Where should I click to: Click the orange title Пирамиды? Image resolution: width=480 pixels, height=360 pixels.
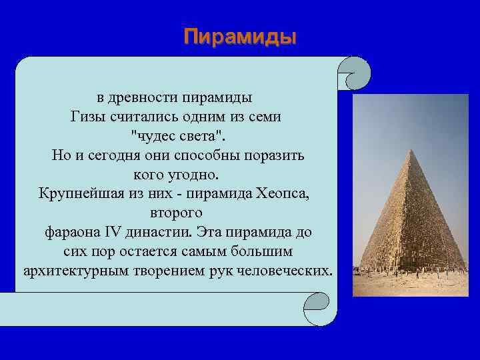pos(240,36)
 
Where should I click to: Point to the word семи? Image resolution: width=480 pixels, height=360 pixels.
pos(263,117)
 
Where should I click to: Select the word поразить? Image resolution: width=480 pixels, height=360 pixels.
pos(275,155)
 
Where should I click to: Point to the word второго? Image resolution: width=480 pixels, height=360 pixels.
pos(177,213)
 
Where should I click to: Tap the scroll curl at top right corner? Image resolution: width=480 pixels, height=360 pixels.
pos(353,73)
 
